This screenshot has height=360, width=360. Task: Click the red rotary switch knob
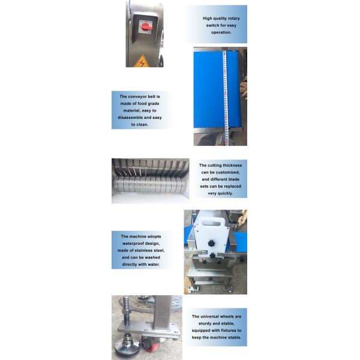(x=146, y=26)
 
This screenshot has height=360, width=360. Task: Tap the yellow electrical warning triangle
(x=142, y=62)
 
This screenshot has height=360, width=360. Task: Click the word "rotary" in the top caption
(x=234, y=19)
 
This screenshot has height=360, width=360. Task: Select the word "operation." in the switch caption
(x=221, y=32)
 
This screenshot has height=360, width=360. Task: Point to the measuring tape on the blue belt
(x=225, y=97)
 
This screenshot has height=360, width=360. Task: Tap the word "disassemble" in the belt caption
(x=130, y=118)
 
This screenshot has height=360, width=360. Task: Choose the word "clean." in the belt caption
(x=143, y=125)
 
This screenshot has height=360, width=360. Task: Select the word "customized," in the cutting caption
(x=227, y=172)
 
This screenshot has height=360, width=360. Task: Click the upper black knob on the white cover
(x=211, y=243)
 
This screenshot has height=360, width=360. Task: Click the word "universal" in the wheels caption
(x=210, y=317)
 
